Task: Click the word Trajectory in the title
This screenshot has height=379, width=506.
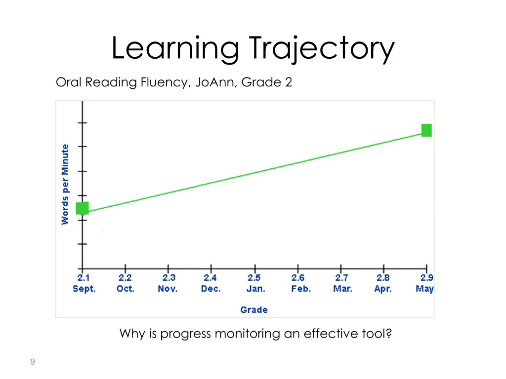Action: point(322,49)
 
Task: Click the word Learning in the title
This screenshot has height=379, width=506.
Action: point(175,49)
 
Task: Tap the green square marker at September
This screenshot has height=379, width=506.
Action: point(82,208)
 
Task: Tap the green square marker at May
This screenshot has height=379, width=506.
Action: point(426,130)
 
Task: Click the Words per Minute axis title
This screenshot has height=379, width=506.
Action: point(65,184)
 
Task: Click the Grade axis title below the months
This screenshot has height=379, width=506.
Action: point(254,310)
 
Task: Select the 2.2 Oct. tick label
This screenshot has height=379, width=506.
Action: point(125,284)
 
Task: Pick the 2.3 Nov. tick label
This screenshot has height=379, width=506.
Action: point(168,284)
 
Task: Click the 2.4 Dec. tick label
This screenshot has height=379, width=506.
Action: point(211,284)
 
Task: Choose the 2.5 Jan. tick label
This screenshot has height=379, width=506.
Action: point(255,284)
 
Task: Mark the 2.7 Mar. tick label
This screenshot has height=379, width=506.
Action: point(342,284)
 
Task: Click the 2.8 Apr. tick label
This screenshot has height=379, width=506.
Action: point(383,284)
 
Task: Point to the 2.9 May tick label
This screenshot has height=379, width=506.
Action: point(424,284)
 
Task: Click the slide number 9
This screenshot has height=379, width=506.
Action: point(32,362)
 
